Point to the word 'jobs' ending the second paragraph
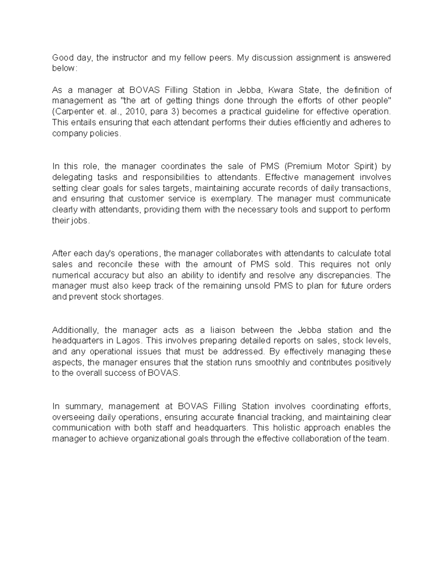[81, 221]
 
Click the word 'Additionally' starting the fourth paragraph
[75, 330]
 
